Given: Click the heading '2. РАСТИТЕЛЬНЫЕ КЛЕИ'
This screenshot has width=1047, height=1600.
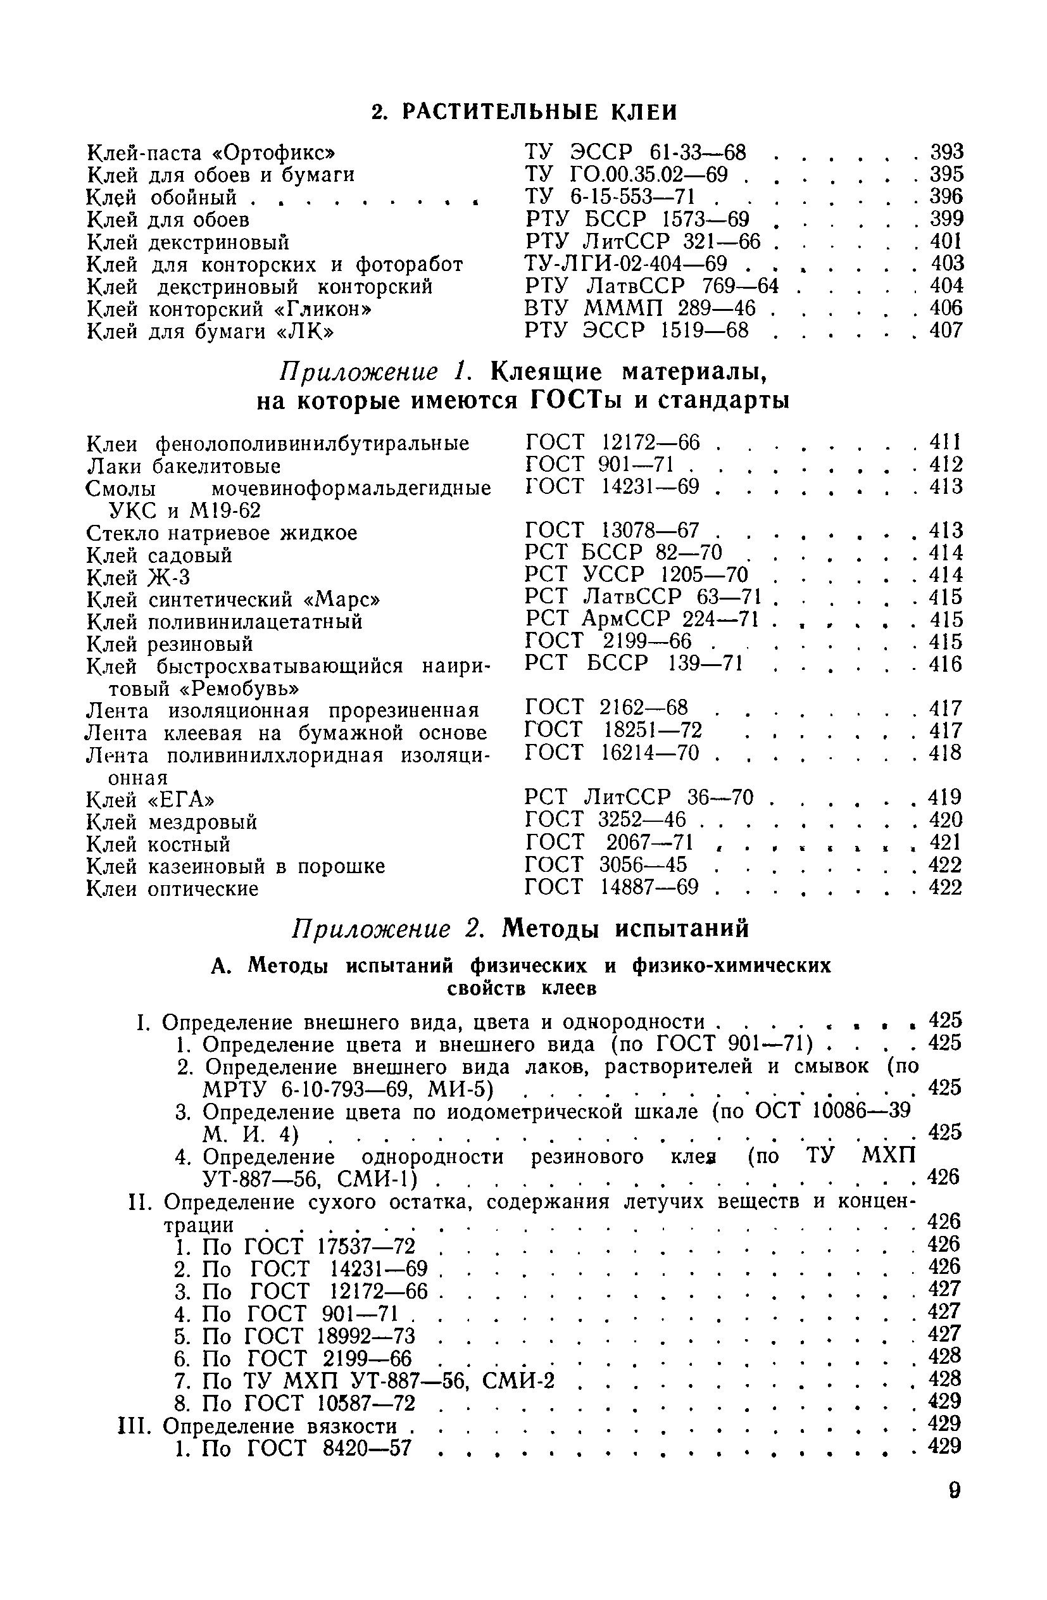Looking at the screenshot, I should (x=524, y=111).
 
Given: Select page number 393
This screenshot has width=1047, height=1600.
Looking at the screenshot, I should (x=946, y=152).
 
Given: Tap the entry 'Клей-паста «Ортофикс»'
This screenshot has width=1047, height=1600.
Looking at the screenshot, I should (x=211, y=153).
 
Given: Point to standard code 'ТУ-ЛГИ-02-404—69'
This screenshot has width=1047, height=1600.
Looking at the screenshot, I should (x=625, y=263).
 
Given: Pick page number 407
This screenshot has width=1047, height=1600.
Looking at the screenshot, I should (x=946, y=330).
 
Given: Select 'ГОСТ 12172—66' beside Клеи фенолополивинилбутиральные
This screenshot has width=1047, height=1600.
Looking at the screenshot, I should (x=612, y=443).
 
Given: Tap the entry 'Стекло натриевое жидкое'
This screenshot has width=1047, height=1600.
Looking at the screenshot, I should (x=222, y=533).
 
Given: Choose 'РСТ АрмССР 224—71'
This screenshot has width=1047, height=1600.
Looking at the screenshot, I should (x=642, y=619).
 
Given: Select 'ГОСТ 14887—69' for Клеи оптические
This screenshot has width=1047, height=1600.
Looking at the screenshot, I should (x=611, y=888).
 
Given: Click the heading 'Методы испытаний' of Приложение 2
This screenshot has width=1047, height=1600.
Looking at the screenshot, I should (x=625, y=928).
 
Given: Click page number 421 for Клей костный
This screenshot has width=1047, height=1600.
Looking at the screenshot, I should (x=946, y=842).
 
